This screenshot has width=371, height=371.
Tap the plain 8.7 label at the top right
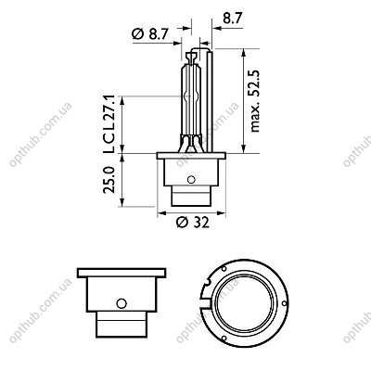(x=232, y=19)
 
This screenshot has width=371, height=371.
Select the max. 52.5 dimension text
(x=255, y=101)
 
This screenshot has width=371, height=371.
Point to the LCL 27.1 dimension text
(x=109, y=125)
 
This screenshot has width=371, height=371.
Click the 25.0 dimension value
(x=109, y=180)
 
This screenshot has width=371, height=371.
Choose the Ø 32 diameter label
(x=193, y=222)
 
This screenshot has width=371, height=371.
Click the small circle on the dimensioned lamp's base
(x=191, y=179)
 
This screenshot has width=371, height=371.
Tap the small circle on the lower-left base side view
(x=122, y=303)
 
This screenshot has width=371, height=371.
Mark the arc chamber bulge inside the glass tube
(x=191, y=96)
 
